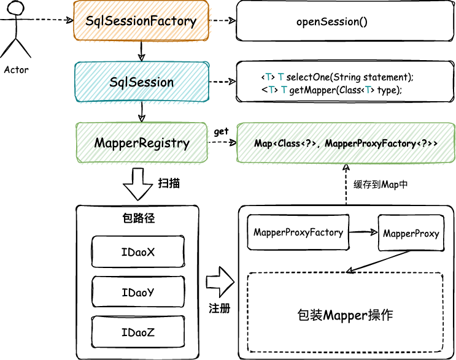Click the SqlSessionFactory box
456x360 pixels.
click(141, 21)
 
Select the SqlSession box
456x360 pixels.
click(141, 82)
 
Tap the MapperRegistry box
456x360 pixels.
click(141, 143)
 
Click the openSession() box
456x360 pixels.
click(331, 22)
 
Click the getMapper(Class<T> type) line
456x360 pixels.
click(331, 90)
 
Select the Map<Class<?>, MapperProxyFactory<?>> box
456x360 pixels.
click(346, 144)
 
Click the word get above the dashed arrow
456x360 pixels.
click(221, 132)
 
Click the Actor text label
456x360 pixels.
click(16, 69)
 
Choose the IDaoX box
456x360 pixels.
click(137, 251)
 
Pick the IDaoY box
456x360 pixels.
click(137, 293)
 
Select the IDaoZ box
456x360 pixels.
click(137, 333)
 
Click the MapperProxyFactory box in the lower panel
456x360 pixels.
click(298, 232)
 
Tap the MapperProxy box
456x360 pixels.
click(411, 234)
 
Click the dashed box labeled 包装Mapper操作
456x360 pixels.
click(344, 315)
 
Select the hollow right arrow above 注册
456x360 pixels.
click(220, 283)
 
